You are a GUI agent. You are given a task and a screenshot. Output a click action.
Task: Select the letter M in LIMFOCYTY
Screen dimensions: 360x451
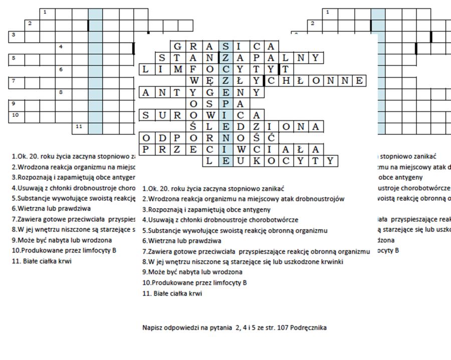pos(178,69)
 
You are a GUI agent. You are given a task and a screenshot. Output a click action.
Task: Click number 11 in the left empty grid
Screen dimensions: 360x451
pos(79,126)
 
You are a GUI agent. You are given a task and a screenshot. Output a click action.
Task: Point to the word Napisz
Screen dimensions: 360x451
pos(152,327)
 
